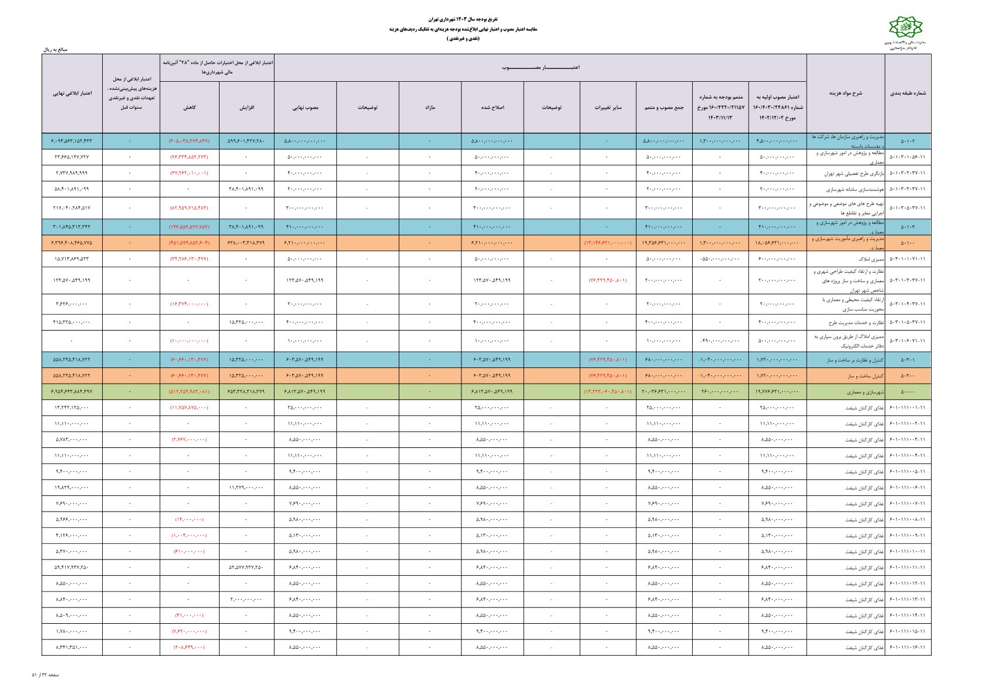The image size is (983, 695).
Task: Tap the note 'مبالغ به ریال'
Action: click(55, 50)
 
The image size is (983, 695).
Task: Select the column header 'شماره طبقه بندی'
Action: click(908, 93)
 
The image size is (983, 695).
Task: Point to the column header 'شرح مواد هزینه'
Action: click(845, 93)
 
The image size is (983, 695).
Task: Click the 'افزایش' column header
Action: click(246, 107)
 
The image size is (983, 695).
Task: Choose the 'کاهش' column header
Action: click(189, 107)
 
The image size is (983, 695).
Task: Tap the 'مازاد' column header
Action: click(430, 107)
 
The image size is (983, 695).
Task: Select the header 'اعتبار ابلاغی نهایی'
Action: click(72, 93)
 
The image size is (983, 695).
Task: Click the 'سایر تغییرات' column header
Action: click(608, 107)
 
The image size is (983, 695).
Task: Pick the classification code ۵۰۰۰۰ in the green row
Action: click(908, 392)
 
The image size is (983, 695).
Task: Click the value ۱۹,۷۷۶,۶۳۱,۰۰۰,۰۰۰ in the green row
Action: click(777, 392)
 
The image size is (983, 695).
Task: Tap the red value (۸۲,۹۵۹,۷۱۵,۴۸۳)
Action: click(189, 208)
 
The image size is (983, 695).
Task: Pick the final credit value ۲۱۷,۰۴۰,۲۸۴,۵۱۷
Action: click(72, 208)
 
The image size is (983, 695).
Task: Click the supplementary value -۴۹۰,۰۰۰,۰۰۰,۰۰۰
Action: click(720, 340)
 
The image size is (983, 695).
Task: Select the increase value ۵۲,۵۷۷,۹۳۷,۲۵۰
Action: click(246, 567)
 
